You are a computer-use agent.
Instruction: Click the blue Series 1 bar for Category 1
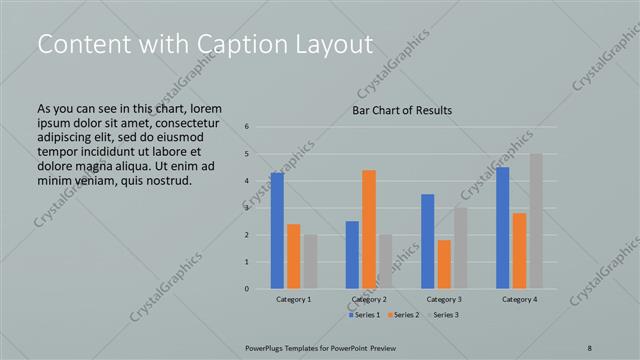tap(277, 231)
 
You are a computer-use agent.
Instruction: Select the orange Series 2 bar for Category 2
tap(369, 229)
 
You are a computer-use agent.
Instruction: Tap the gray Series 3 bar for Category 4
tap(536, 221)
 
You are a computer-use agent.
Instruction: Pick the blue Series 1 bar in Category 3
tap(428, 241)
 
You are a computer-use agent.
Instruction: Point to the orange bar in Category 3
tap(444, 264)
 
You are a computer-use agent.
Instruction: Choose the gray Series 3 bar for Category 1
tap(310, 262)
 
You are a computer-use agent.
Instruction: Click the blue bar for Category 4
tap(503, 228)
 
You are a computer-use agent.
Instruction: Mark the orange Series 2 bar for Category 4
tap(519, 251)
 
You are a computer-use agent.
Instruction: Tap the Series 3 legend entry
tap(444, 315)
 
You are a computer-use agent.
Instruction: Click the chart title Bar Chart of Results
tap(402, 110)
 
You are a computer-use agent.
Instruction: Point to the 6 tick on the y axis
tap(247, 127)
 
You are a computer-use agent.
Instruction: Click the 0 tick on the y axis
tap(247, 289)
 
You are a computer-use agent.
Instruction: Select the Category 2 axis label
tap(369, 299)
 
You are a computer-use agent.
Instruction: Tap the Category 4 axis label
tap(519, 299)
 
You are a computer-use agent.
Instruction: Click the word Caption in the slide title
tap(223, 44)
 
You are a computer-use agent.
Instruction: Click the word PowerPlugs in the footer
tap(267, 346)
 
